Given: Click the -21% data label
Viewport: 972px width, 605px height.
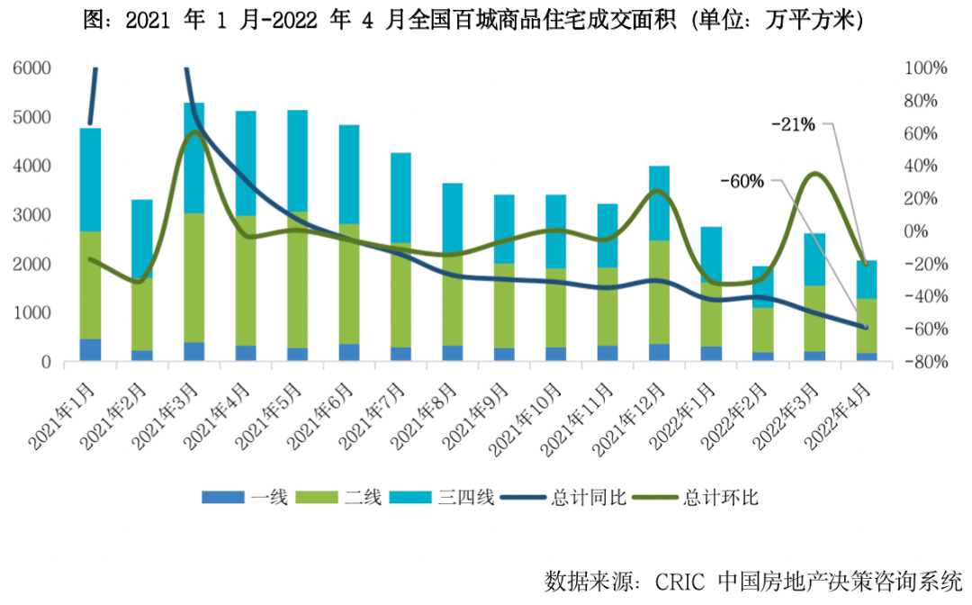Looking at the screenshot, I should [793, 124].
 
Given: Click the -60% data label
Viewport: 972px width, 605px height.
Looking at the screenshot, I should [742, 181].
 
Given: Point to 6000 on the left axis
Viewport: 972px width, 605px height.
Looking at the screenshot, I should [32, 68].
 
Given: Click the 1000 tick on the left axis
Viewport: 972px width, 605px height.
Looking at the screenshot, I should [32, 313].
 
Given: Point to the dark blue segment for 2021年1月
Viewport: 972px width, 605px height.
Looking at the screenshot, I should [90, 350].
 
